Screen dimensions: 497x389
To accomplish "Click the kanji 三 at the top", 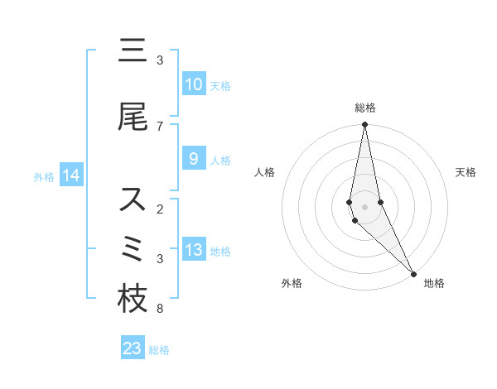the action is (133, 52).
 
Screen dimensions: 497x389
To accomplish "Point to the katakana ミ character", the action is (133, 250).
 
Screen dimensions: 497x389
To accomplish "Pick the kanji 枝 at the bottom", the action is (133, 300).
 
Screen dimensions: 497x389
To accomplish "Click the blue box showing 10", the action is (193, 84).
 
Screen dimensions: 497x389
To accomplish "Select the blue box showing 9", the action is (193, 159).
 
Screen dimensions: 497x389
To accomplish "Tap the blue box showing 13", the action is (193, 250).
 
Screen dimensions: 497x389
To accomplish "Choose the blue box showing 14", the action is (71, 175).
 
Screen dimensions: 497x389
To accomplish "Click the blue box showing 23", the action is (133, 348).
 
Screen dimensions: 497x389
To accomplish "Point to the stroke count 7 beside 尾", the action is (159, 126).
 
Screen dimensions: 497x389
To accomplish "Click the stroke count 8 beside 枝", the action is (159, 309).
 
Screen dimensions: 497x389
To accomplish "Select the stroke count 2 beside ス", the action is (159, 209).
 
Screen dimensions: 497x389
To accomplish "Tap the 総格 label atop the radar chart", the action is (365, 108).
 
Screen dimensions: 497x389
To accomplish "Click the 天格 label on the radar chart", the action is (466, 172).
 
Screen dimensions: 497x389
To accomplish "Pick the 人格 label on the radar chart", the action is (264, 172).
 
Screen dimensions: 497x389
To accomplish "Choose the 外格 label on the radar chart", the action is (292, 283).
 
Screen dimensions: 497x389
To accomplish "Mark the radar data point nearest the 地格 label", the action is (413, 273).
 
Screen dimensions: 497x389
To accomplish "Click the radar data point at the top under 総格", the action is (364, 125).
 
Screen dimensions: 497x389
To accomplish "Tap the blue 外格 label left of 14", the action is (44, 176).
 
